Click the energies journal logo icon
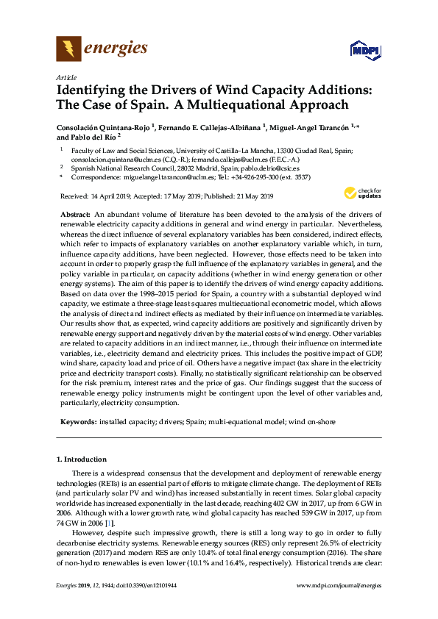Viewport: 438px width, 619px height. coord(68,49)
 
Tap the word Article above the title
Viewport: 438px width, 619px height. coord(65,78)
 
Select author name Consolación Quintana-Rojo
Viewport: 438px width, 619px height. coord(104,127)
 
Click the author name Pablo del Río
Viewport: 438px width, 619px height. coord(85,137)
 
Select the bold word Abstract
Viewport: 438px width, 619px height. coord(74,212)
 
